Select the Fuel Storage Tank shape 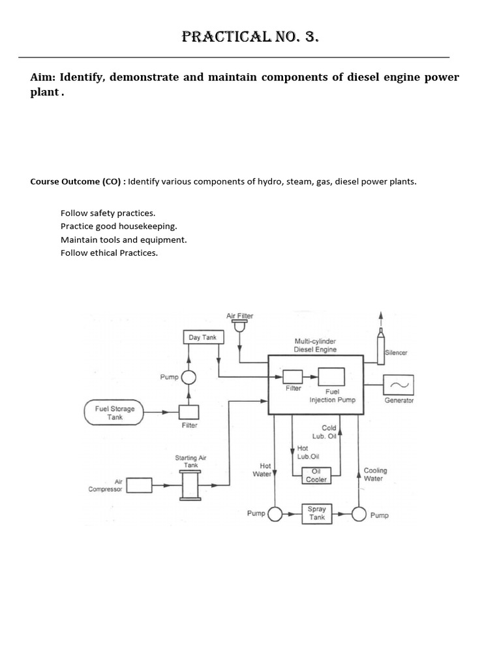click(x=115, y=412)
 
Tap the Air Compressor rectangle click(x=138, y=485)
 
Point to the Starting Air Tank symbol click(x=190, y=485)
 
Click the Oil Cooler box click(x=316, y=476)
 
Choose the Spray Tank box click(x=316, y=513)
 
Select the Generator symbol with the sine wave click(x=397, y=384)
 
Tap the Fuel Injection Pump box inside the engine click(x=331, y=377)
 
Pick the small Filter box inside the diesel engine click(x=292, y=376)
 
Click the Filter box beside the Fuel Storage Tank click(x=189, y=412)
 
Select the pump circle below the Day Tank click(x=189, y=377)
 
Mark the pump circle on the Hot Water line click(x=275, y=514)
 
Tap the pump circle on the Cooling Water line click(x=359, y=514)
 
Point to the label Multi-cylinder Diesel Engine click(x=316, y=345)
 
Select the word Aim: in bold click(x=43, y=78)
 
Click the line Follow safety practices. click(x=108, y=213)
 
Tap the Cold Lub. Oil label click(x=328, y=432)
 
